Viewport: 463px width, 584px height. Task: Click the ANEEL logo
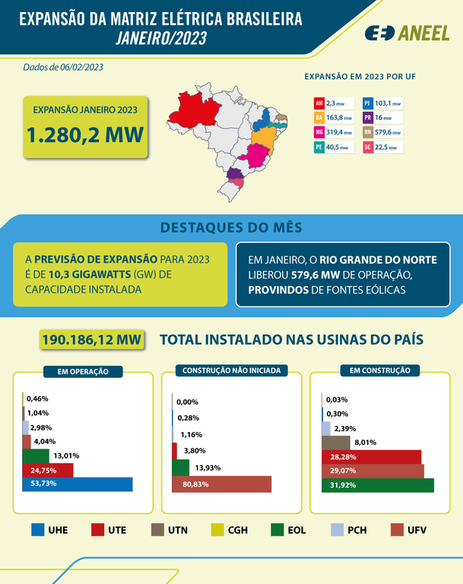click(406, 33)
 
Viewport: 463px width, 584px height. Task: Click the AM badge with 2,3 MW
click(333, 103)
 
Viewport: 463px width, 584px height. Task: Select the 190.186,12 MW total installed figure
click(92, 340)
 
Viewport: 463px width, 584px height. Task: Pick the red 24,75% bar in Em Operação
click(47, 470)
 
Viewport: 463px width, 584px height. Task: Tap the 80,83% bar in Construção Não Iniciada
click(221, 484)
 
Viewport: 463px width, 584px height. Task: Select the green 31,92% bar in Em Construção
click(377, 485)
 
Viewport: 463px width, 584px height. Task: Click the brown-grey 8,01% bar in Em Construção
click(336, 442)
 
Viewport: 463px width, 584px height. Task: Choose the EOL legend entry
click(289, 530)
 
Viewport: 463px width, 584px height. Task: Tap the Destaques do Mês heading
click(231, 227)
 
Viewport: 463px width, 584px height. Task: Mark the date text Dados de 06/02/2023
click(63, 67)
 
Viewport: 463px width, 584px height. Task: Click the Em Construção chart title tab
click(380, 370)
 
